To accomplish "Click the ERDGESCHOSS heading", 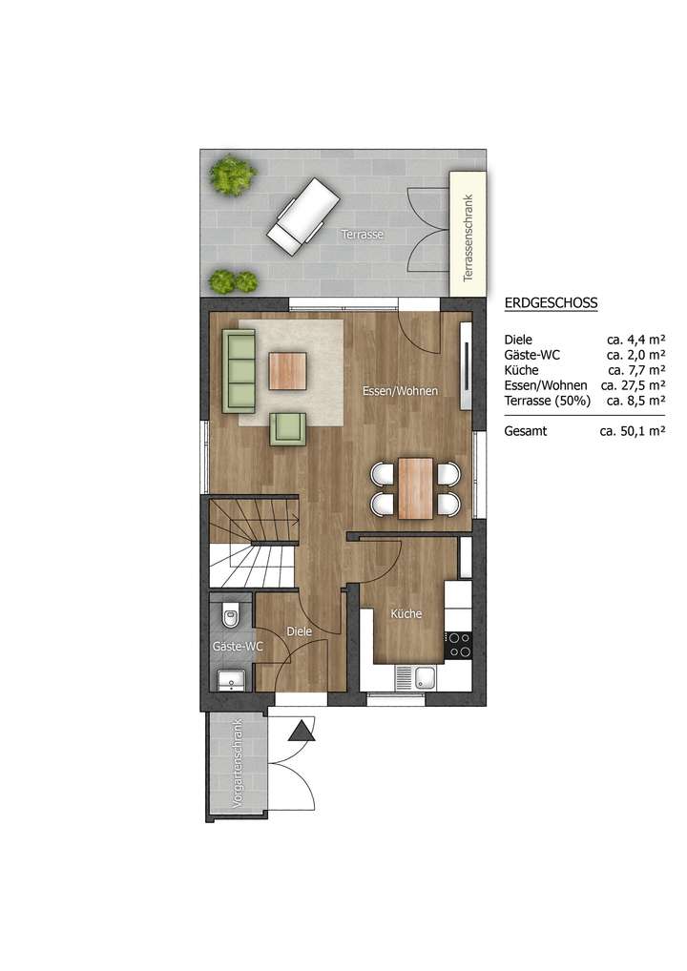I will click(550, 303).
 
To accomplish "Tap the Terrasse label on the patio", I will click(363, 233).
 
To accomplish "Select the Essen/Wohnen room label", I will click(400, 391).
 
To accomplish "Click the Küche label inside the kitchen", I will click(406, 614).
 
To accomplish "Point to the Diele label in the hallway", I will click(300, 631).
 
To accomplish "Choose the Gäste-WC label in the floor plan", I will click(238, 647).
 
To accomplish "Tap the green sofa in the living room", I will click(239, 371).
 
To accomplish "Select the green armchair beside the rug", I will click(287, 429).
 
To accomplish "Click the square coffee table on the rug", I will click(287, 371).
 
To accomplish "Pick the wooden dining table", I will click(415, 488).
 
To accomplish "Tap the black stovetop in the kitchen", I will click(458, 645).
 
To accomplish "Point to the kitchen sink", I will click(424, 678).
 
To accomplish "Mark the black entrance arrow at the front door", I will click(302, 732).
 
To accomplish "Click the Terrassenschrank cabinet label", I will click(468, 238).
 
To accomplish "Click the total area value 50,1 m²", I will click(632, 431).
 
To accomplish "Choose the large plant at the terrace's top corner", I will click(233, 176).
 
